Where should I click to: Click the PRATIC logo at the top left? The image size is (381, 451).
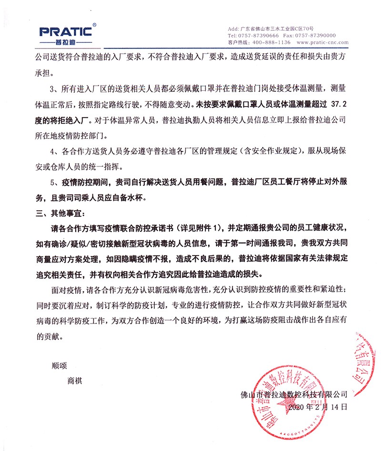(x=65, y=32)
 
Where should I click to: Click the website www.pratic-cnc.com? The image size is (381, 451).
(x=324, y=42)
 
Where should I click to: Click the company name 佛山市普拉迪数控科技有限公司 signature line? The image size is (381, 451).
(x=294, y=394)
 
